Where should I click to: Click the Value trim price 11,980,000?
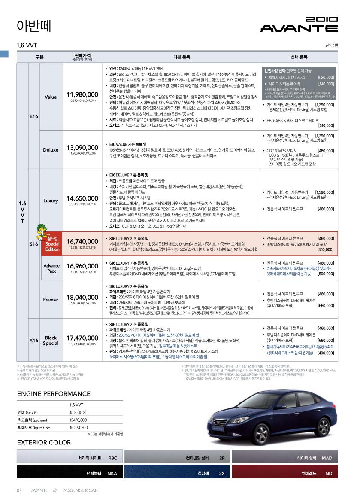click(x=83, y=94)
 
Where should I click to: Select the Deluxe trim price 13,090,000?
click(x=83, y=147)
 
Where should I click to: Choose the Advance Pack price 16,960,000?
click(x=83, y=266)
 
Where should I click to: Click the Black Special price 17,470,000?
click(x=83, y=338)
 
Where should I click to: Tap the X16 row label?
click(x=34, y=341)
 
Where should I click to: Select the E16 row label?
click(x=34, y=116)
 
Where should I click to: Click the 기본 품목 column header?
click(x=182, y=57)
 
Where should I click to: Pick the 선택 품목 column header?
click(x=299, y=57)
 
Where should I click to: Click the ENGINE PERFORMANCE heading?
click(x=54, y=394)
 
